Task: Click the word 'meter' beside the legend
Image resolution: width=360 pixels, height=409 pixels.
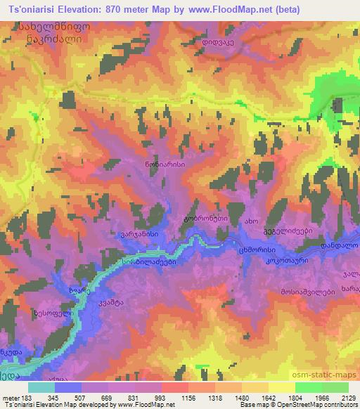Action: pos(11,397)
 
